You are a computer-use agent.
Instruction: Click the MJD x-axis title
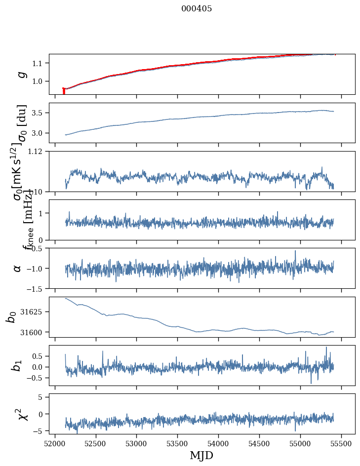click(201, 455)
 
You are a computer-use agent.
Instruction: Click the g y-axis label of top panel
click(21, 74)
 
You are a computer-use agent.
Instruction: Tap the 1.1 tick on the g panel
click(38, 63)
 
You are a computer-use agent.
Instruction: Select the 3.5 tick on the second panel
click(38, 113)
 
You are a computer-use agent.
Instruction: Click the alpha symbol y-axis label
click(18, 268)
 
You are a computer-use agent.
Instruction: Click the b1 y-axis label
click(17, 365)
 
